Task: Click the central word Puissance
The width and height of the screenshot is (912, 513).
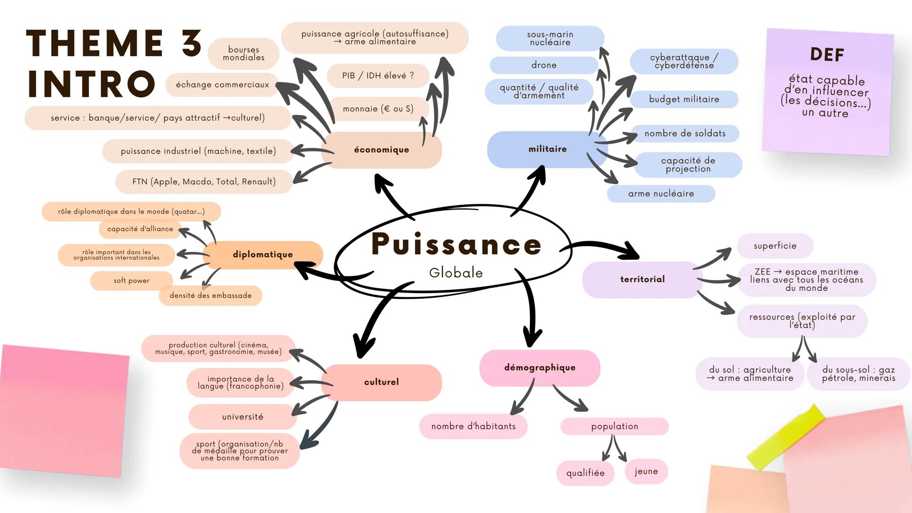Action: (x=456, y=244)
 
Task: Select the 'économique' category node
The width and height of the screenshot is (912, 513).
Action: (x=382, y=150)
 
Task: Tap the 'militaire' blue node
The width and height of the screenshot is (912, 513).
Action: (x=547, y=149)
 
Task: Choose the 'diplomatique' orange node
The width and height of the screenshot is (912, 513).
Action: (x=263, y=255)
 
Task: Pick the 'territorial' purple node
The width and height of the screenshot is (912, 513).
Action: (x=642, y=279)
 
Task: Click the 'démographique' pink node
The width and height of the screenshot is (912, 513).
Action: (x=539, y=368)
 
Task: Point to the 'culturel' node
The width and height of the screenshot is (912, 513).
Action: (x=381, y=382)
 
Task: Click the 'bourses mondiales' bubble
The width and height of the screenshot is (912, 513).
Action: (x=243, y=54)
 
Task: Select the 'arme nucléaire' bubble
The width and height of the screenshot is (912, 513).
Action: (x=661, y=194)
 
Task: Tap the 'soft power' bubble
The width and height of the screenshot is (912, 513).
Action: (x=131, y=281)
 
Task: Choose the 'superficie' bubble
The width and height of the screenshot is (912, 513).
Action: (x=775, y=246)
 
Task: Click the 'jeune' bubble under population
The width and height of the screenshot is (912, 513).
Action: (x=646, y=471)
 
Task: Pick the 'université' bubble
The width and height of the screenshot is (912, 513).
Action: (x=242, y=417)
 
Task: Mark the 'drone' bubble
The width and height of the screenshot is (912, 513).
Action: (x=544, y=65)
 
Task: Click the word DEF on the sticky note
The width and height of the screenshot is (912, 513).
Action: (x=827, y=55)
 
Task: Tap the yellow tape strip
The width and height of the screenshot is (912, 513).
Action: (x=786, y=437)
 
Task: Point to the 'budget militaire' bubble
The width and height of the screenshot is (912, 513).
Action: (x=684, y=99)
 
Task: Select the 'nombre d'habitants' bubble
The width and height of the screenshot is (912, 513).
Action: (x=473, y=426)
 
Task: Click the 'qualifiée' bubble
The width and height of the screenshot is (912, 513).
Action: (x=585, y=473)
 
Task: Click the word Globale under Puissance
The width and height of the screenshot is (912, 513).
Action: (x=456, y=273)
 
